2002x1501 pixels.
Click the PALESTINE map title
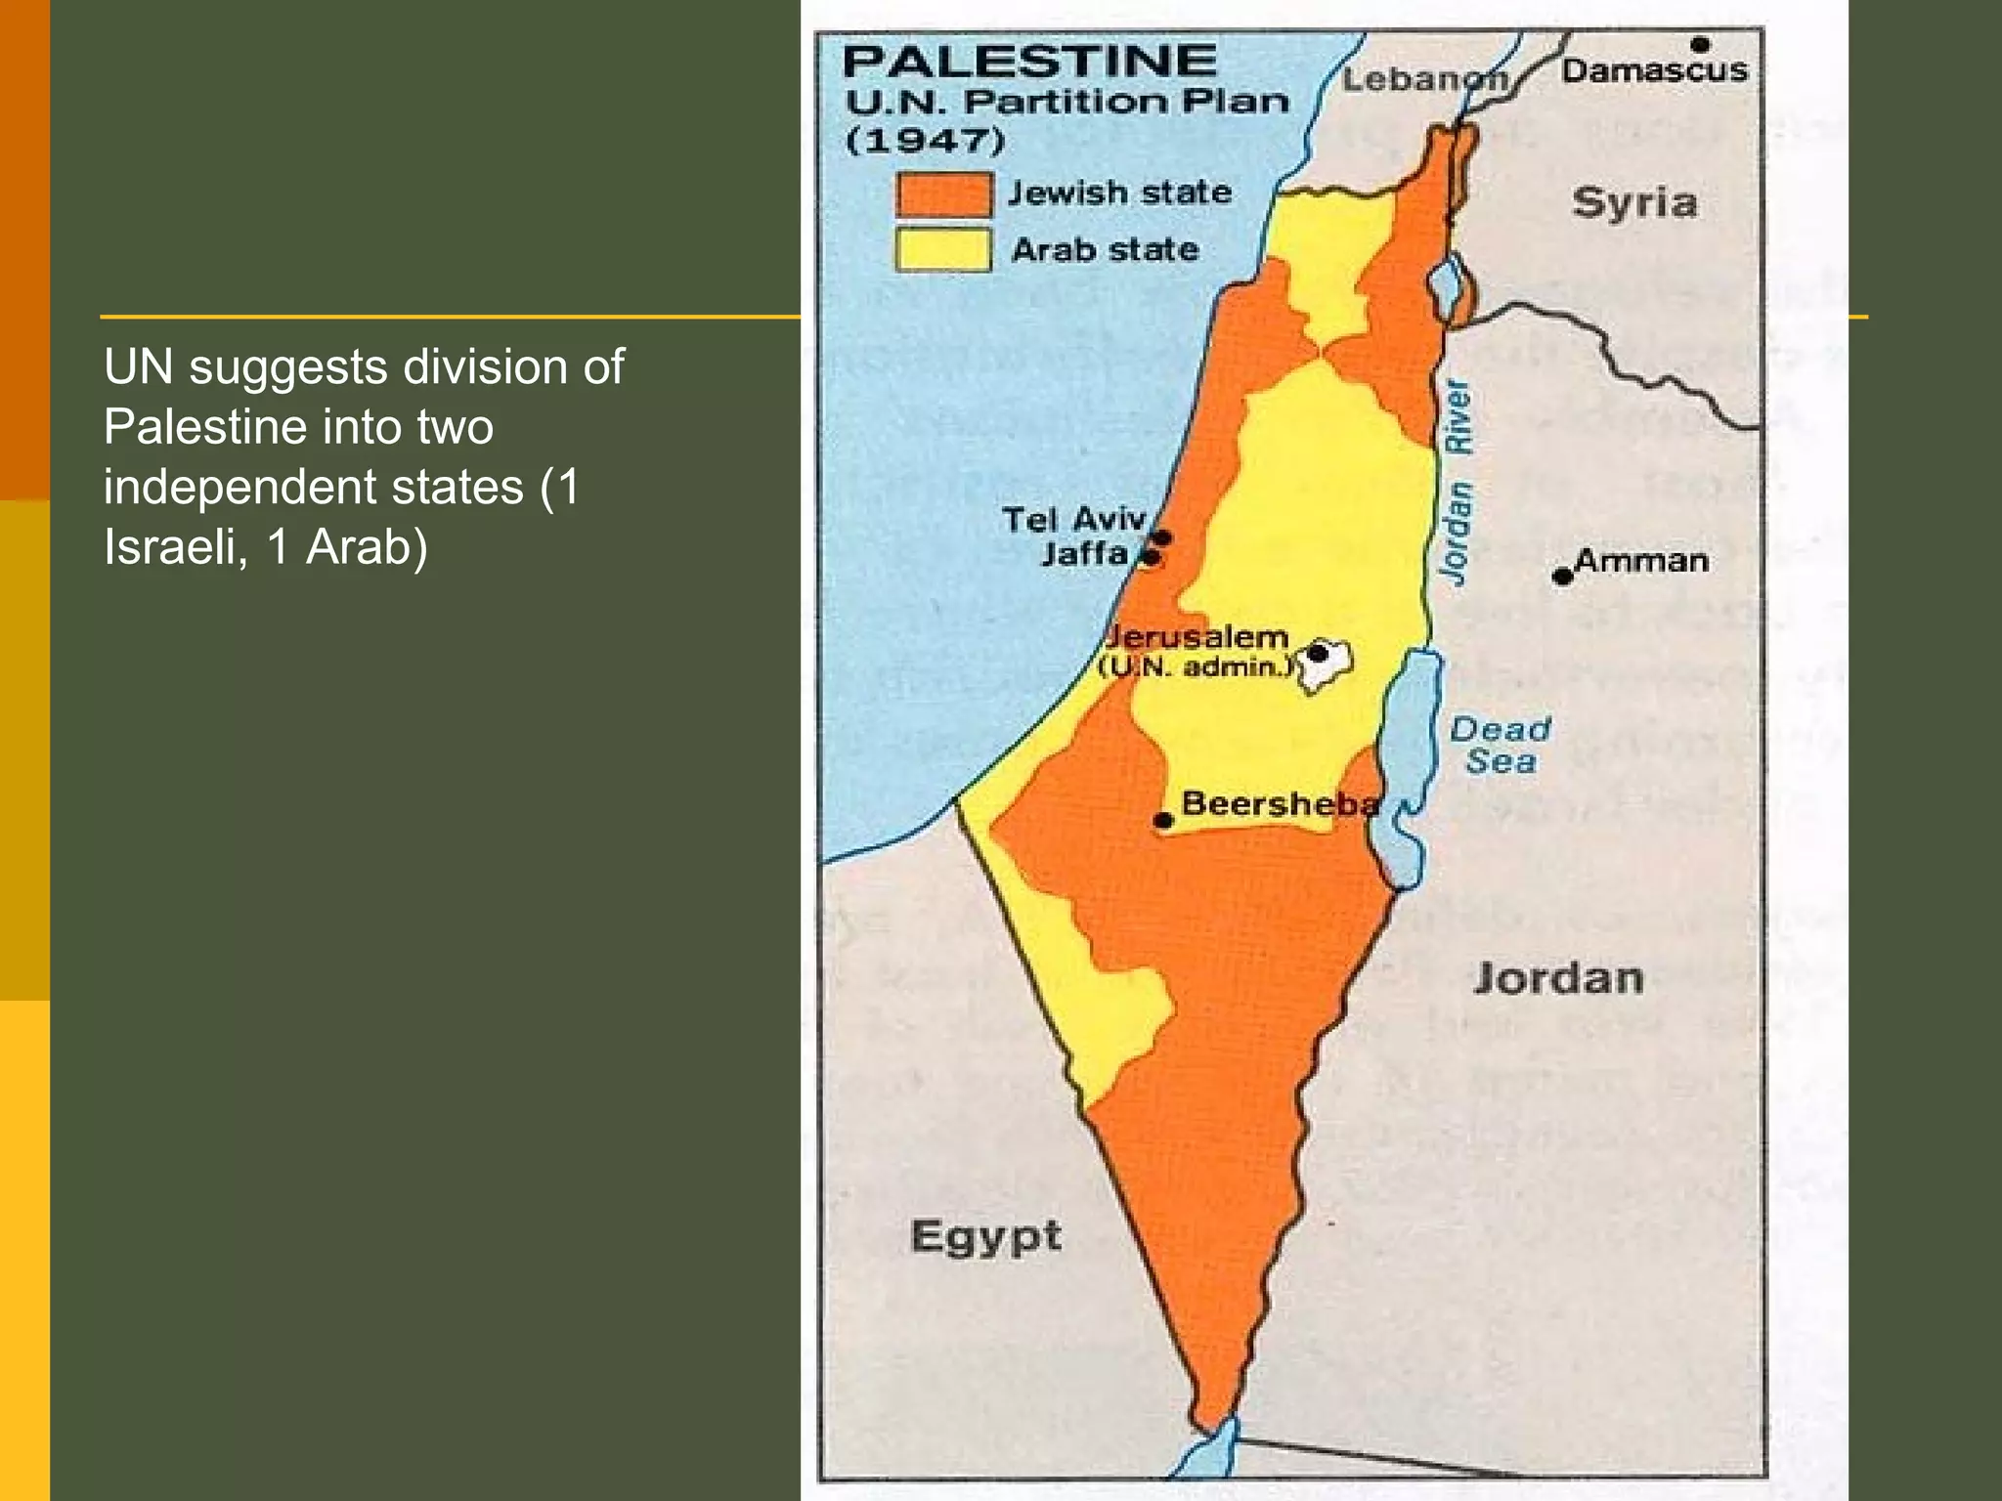(x=1029, y=61)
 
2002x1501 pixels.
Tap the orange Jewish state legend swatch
(x=943, y=193)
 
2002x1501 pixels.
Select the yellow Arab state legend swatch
(x=943, y=249)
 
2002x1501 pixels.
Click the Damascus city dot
(x=1700, y=45)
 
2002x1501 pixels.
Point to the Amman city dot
(x=1563, y=577)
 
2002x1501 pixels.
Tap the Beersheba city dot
(x=1163, y=820)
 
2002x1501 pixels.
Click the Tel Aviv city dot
(x=1162, y=537)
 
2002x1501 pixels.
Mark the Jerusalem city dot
(x=1319, y=653)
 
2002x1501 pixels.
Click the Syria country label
(x=1634, y=203)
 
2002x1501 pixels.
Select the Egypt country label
(x=985, y=1237)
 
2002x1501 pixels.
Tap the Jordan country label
(x=1558, y=978)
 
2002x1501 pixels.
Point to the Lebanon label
(x=1424, y=79)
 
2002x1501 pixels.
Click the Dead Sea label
(x=1501, y=745)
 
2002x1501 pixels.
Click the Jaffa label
(x=1084, y=554)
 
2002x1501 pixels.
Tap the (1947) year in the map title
(x=925, y=140)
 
